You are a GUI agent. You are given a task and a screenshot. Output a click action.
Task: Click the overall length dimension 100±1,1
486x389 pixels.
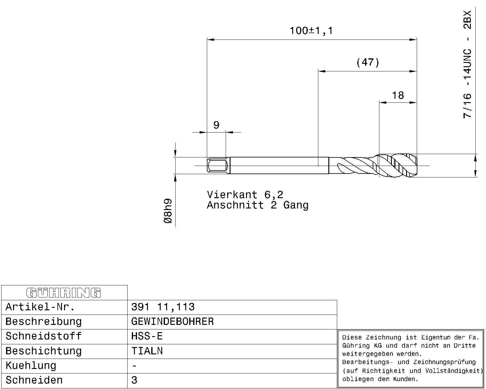point(311,31)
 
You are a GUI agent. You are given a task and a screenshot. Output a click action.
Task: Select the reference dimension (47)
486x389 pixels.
point(368,62)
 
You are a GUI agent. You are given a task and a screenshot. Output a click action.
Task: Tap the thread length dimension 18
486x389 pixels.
point(398,95)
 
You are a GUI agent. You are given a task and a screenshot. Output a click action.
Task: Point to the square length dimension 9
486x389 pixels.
point(216,125)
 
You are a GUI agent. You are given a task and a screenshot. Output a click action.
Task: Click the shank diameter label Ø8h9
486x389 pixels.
point(168,211)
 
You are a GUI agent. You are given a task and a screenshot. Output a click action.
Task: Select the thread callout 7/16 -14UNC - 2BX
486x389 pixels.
point(467,64)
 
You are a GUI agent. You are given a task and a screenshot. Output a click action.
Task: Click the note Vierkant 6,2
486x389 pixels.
point(245,194)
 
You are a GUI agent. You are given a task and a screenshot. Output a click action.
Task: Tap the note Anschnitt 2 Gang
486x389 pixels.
point(258,205)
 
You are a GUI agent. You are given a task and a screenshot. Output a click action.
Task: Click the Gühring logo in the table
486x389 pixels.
point(63,293)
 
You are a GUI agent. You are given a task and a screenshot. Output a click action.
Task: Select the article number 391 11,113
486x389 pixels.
point(163,307)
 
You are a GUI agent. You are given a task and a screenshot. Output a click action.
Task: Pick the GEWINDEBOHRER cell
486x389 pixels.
point(172,322)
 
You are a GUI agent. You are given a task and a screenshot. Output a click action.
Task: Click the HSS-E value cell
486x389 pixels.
point(147,336)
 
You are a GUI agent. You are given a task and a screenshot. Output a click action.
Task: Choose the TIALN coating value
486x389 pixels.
point(147,351)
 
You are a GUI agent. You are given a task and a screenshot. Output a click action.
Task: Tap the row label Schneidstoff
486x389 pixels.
point(43,336)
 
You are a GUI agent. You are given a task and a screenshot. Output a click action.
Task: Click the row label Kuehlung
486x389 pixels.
point(31,366)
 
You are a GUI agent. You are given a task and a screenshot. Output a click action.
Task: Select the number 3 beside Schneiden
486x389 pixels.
point(134,380)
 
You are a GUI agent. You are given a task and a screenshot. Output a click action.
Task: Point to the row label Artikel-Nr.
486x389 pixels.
point(40,307)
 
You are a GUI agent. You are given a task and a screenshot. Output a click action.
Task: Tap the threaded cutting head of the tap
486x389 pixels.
point(398,166)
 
